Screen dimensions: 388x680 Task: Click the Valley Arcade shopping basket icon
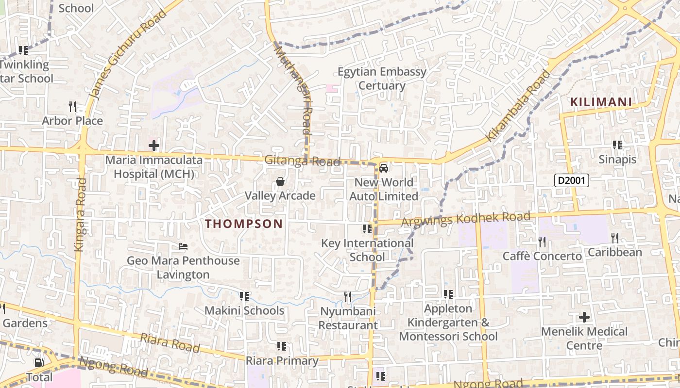(280, 182)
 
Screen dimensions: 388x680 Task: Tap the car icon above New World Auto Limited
(384, 168)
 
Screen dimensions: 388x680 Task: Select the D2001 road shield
(572, 181)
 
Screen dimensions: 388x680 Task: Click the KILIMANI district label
(601, 102)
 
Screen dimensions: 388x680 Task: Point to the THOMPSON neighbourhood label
(244, 224)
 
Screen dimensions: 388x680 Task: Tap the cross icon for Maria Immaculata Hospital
(154, 145)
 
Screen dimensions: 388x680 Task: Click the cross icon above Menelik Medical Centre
(584, 318)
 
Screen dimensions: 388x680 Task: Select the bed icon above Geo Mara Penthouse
(183, 246)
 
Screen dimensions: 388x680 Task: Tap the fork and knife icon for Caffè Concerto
(542, 242)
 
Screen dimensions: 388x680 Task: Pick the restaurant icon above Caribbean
(615, 238)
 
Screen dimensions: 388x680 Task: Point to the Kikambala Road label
(519, 106)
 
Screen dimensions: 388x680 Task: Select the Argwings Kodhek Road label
(466, 219)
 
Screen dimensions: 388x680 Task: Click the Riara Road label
(170, 343)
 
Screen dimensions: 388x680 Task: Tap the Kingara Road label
(80, 214)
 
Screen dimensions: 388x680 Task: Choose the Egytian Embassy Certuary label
(382, 79)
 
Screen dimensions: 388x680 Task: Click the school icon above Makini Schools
(244, 296)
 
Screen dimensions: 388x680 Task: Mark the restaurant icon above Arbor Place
(72, 106)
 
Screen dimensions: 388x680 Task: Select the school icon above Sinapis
(617, 145)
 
